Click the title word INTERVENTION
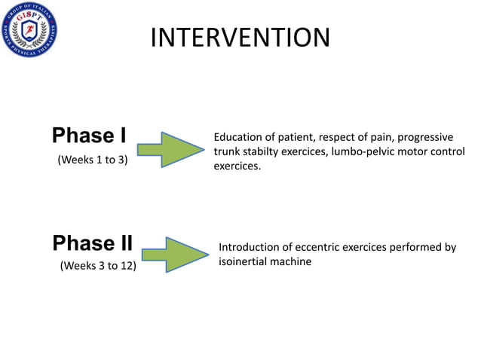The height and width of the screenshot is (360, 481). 240,37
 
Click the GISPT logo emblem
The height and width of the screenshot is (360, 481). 29,32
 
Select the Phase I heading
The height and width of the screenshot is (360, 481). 89,136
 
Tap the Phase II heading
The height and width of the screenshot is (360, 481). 93,243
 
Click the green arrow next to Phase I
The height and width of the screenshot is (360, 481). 171,149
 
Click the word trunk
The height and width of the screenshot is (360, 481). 228,151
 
